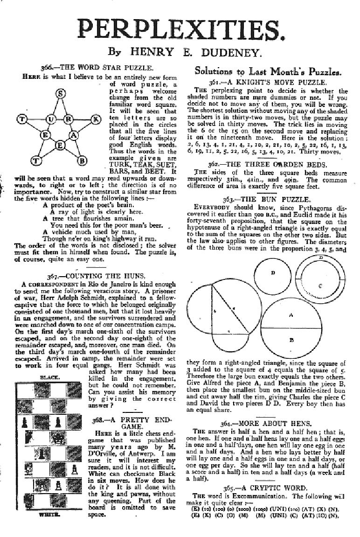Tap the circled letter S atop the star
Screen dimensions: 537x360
point(60,94)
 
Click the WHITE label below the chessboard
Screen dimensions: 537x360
point(49,516)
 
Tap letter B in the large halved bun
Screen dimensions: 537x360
point(291,340)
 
